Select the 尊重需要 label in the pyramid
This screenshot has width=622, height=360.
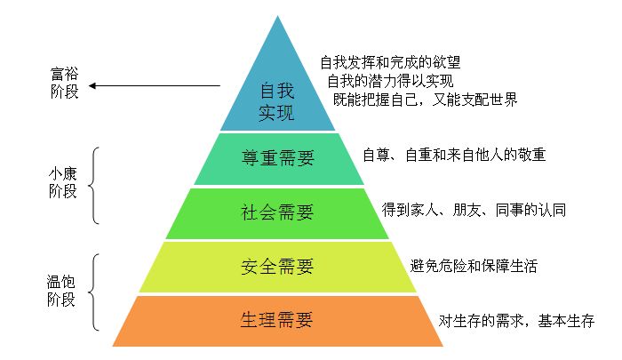pyautogui.click(x=277, y=158)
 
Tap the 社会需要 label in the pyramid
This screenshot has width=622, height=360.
pyautogui.click(x=277, y=212)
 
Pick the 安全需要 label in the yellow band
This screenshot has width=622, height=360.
pyautogui.click(x=277, y=266)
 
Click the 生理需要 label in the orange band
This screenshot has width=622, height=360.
pyautogui.click(x=277, y=320)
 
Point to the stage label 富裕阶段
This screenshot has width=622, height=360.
pyautogui.click(x=64, y=83)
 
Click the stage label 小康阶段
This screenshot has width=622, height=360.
pyautogui.click(x=63, y=182)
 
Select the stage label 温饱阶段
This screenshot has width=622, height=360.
pyautogui.click(x=61, y=291)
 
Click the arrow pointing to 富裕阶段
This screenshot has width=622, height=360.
pyautogui.click(x=155, y=85)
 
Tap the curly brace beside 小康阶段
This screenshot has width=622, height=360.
pyautogui.click(x=93, y=186)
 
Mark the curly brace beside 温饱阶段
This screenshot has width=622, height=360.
pyautogui.click(x=93, y=292)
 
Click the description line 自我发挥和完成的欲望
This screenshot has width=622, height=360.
pyautogui.click(x=390, y=62)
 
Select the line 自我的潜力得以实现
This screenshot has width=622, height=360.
pyautogui.click(x=390, y=81)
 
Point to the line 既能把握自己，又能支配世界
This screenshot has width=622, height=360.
pyautogui.click(x=426, y=100)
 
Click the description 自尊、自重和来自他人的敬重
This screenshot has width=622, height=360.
pyautogui.click(x=454, y=155)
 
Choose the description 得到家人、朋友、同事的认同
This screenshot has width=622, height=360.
pyautogui.click(x=474, y=210)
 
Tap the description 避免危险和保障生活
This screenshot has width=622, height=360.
pyautogui.click(x=474, y=266)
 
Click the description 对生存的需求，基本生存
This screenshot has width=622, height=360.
pyautogui.click(x=516, y=321)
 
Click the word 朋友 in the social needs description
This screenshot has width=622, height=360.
pyautogui.click(x=466, y=210)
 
